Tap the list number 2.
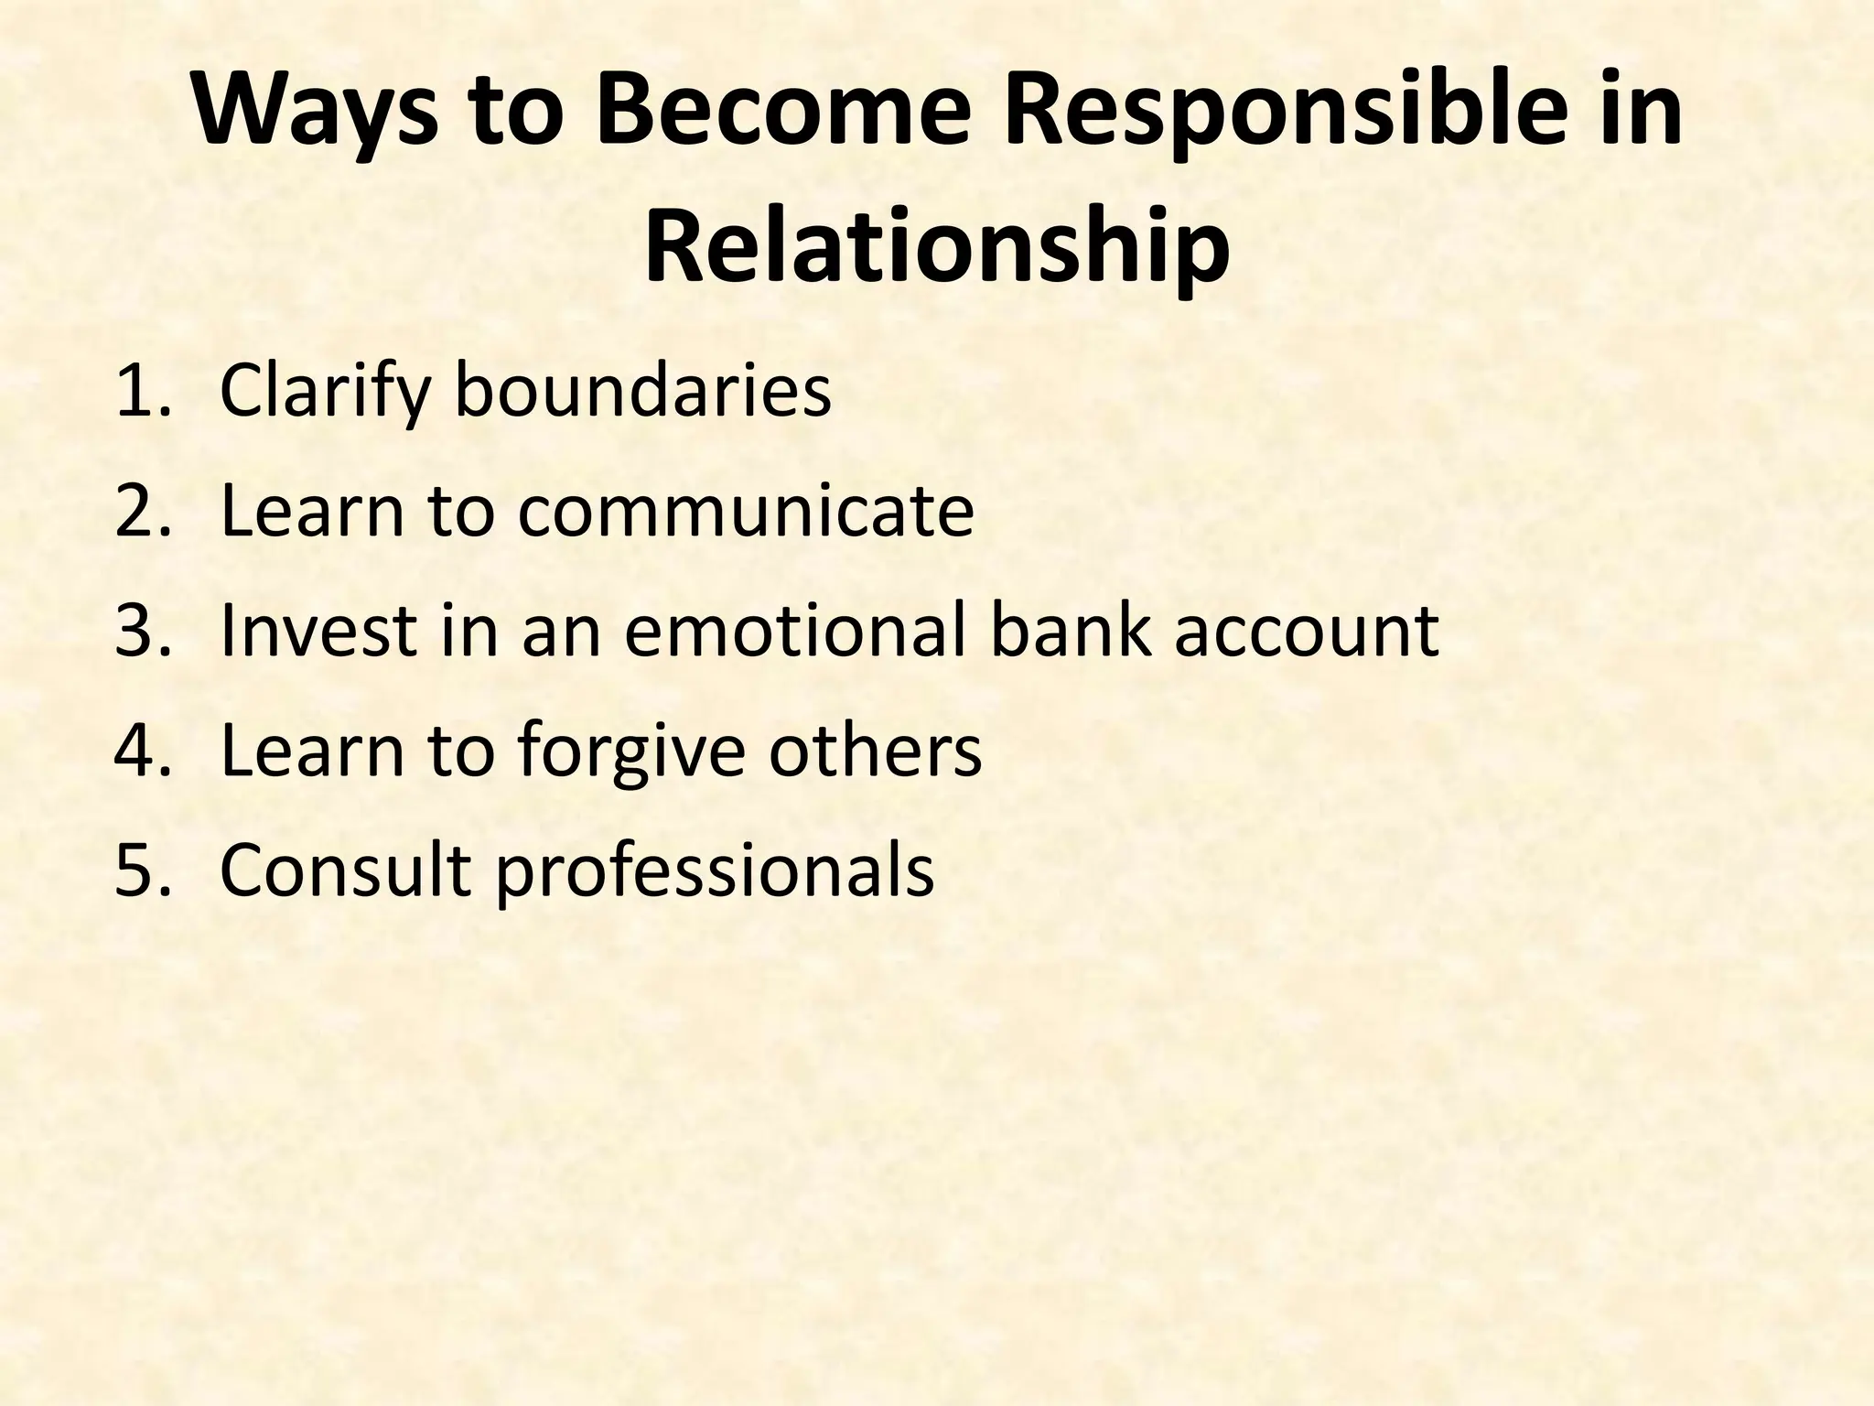click(x=137, y=511)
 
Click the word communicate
click(x=746, y=511)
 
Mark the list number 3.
click(x=137, y=631)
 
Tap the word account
click(x=1307, y=631)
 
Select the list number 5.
click(x=137, y=870)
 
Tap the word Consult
click(x=346, y=870)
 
